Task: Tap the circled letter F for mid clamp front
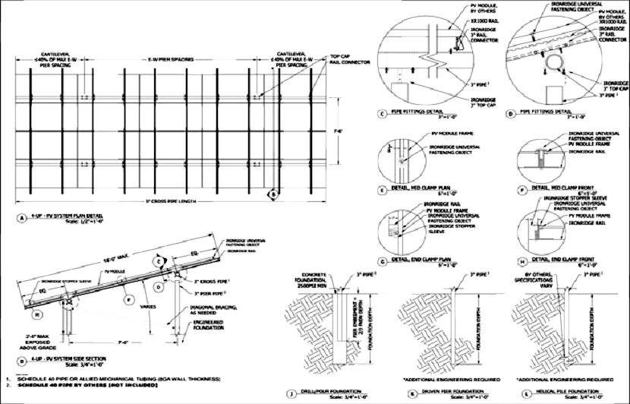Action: tap(524, 187)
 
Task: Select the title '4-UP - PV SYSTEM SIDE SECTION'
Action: tap(69, 356)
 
